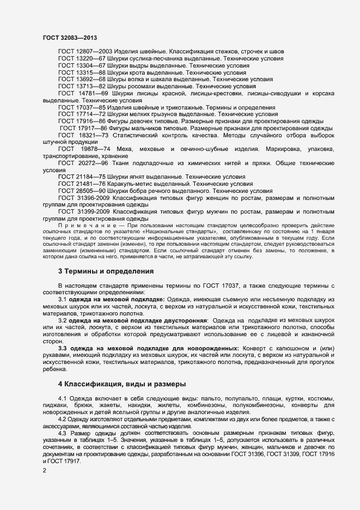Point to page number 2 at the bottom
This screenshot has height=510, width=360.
[x=45, y=470]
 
